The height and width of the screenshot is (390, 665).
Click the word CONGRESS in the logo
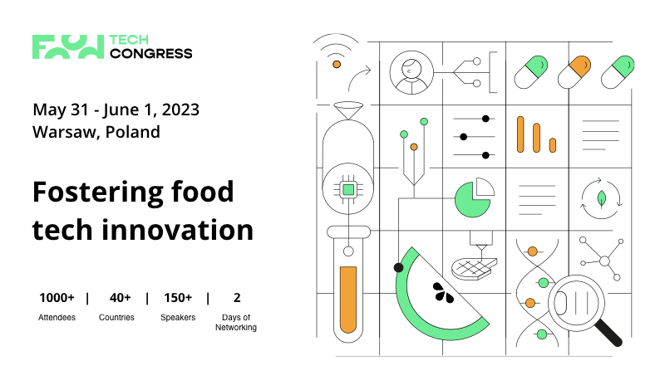(x=151, y=54)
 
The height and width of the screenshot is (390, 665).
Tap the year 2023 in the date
(x=180, y=110)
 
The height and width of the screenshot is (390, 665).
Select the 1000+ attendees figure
(x=57, y=298)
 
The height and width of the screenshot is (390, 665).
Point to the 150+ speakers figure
(x=178, y=298)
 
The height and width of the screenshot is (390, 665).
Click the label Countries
(x=116, y=317)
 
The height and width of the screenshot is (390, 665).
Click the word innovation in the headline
(x=177, y=230)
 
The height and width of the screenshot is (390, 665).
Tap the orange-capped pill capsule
(x=574, y=72)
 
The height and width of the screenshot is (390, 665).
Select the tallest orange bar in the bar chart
(x=520, y=134)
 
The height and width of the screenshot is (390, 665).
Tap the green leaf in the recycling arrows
(x=601, y=198)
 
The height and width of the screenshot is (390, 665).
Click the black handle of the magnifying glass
(x=608, y=332)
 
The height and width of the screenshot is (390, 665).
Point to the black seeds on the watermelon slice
(x=443, y=293)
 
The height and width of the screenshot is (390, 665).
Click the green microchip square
(x=348, y=189)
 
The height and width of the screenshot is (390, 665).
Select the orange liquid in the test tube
(x=348, y=300)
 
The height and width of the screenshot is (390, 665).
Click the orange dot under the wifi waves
(x=337, y=65)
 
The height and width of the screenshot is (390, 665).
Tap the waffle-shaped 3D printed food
(x=474, y=268)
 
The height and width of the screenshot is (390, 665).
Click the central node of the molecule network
(x=605, y=261)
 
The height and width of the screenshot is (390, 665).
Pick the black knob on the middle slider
(x=464, y=137)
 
